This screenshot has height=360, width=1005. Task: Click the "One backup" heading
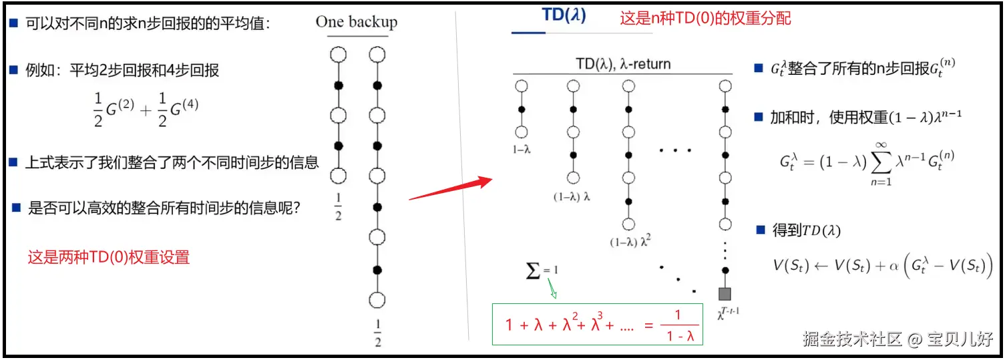click(x=356, y=22)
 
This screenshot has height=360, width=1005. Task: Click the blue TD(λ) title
click(x=564, y=16)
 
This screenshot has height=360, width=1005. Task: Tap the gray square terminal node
click(x=725, y=293)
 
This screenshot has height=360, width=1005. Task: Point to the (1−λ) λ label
click(x=572, y=196)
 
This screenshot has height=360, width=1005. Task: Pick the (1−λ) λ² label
click(x=629, y=242)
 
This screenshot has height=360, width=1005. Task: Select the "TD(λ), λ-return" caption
click(x=622, y=65)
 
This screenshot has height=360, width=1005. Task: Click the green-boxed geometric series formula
click(x=598, y=325)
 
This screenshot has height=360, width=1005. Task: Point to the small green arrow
click(x=554, y=289)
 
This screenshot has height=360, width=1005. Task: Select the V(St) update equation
click(x=882, y=266)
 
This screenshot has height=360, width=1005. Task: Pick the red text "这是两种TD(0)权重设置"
click(x=108, y=256)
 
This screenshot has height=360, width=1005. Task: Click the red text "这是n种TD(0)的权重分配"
click(x=705, y=18)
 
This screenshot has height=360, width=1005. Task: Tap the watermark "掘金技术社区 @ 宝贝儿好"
click(x=898, y=339)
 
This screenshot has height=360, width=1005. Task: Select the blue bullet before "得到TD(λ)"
click(x=760, y=230)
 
